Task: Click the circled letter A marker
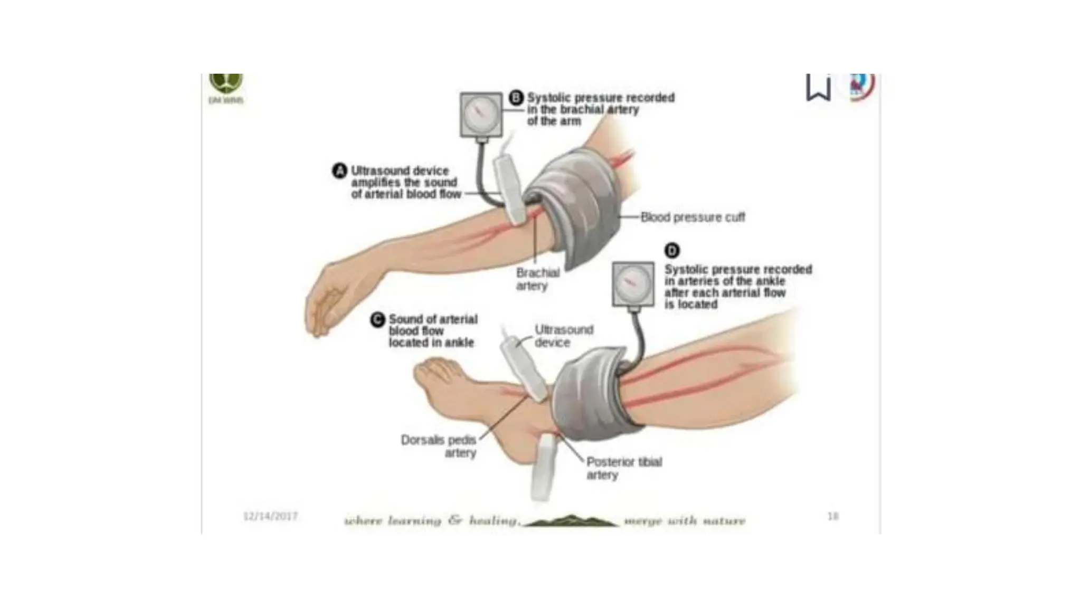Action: click(x=339, y=171)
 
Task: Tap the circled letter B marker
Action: click(x=516, y=98)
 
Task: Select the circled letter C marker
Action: click(x=377, y=320)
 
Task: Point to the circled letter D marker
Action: click(x=671, y=251)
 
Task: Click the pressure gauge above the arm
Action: click(x=481, y=115)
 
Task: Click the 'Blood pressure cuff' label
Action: click(x=693, y=217)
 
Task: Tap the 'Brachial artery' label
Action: click(x=537, y=279)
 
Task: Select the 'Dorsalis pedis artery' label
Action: click(x=439, y=446)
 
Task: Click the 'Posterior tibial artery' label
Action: click(x=624, y=468)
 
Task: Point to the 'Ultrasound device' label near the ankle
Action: click(x=563, y=336)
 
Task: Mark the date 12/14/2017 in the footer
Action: click(x=270, y=516)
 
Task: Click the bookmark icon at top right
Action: click(x=818, y=88)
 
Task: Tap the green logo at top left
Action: click(x=226, y=84)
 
